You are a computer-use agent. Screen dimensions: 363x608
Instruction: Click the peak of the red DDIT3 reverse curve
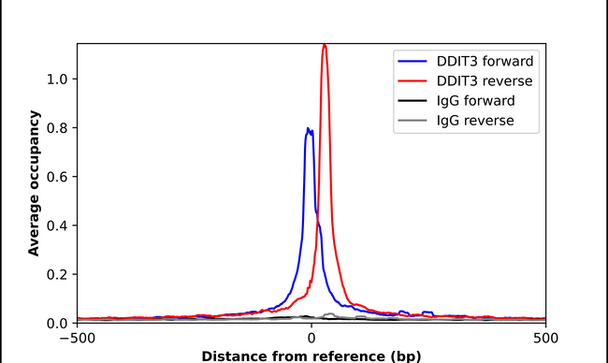(x=325, y=45)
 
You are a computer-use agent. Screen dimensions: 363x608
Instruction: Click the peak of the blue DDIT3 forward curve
(x=308, y=129)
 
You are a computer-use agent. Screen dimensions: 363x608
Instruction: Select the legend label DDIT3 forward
(x=485, y=61)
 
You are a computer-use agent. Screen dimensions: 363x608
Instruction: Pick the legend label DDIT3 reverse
(x=485, y=80)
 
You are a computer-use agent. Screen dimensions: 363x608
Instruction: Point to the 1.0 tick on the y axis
(x=59, y=79)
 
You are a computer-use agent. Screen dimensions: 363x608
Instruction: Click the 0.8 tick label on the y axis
(x=59, y=127)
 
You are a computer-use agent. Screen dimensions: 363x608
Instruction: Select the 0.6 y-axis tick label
(x=59, y=176)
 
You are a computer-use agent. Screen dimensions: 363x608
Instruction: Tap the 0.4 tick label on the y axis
(x=59, y=225)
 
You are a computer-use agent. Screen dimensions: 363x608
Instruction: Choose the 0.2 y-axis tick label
(x=59, y=274)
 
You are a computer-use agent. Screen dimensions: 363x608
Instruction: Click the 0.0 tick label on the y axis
(x=59, y=323)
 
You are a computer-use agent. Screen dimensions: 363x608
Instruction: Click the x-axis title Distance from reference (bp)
(x=310, y=356)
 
